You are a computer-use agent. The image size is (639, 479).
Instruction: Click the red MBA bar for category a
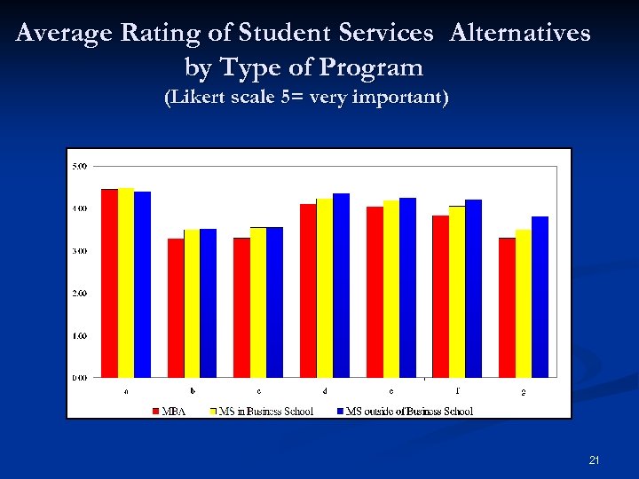pyautogui.click(x=109, y=283)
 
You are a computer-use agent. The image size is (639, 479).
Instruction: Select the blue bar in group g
pyautogui.click(x=540, y=297)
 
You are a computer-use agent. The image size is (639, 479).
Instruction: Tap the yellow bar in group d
pyautogui.click(x=325, y=288)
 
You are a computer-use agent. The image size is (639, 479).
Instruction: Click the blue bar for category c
pyautogui.click(x=275, y=302)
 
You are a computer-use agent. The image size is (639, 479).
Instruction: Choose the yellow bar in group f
pyautogui.click(x=457, y=292)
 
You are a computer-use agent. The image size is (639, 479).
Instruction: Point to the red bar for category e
pyautogui.click(x=375, y=292)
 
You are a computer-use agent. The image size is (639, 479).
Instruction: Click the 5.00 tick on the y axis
pyautogui.click(x=79, y=166)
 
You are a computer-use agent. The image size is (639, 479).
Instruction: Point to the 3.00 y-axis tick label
pyautogui.click(x=79, y=251)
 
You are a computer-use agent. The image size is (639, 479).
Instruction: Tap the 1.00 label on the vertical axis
pyautogui.click(x=79, y=335)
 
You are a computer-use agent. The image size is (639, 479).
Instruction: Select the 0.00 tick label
pyautogui.click(x=79, y=377)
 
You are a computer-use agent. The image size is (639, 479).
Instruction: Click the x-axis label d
pyautogui.click(x=325, y=390)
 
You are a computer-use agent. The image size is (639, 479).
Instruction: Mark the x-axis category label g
pyautogui.click(x=524, y=391)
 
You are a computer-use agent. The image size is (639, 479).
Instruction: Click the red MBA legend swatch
pyautogui.click(x=155, y=412)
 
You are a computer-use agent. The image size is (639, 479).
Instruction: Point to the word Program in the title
pyautogui.click(x=374, y=67)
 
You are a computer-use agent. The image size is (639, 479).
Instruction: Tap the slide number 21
pyautogui.click(x=594, y=460)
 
